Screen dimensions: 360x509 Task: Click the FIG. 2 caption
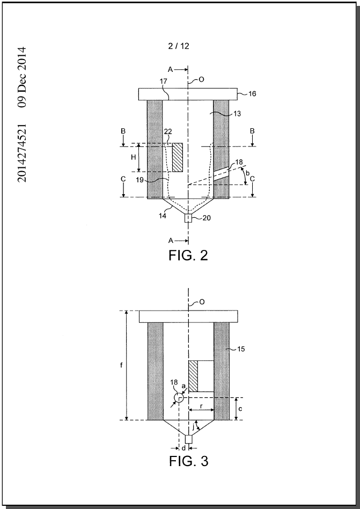[188, 255]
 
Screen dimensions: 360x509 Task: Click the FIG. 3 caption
[189, 461]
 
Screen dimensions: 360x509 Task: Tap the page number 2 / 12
[179, 46]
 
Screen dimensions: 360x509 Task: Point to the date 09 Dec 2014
[22, 77]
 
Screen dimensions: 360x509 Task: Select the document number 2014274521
[22, 153]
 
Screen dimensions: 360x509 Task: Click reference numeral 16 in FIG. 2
[252, 94]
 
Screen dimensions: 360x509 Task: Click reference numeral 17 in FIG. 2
[164, 82]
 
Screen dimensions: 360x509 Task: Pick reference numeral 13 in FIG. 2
[237, 114]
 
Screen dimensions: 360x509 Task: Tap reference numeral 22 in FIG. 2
[168, 131]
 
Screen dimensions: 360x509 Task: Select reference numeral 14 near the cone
[163, 216]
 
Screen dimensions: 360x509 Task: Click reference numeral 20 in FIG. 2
[207, 218]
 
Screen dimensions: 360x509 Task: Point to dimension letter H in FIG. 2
[133, 158]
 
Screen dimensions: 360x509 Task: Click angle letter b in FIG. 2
[248, 173]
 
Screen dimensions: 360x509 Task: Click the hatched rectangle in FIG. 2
[177, 158]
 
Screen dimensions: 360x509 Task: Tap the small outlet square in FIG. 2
[188, 218]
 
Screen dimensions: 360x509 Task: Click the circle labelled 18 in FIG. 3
[179, 397]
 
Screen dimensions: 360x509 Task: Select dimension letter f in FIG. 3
[121, 365]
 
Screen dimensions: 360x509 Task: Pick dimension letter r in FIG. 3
[201, 406]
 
